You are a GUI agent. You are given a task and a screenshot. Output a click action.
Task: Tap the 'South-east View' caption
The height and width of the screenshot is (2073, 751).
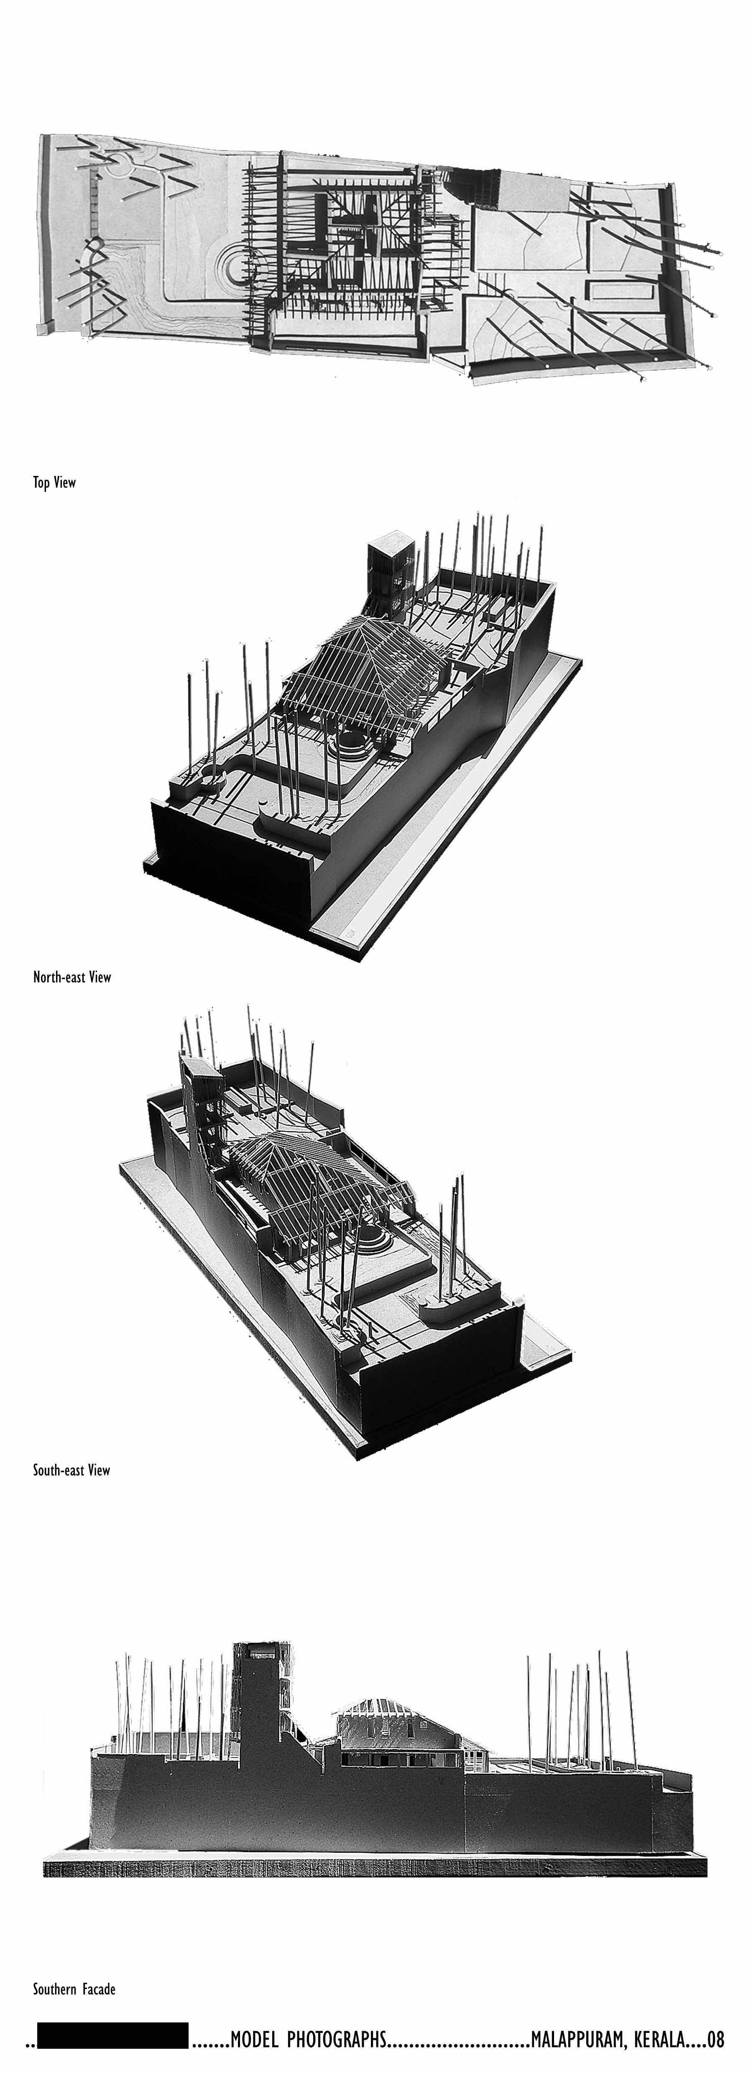pyautogui.click(x=71, y=1470)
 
